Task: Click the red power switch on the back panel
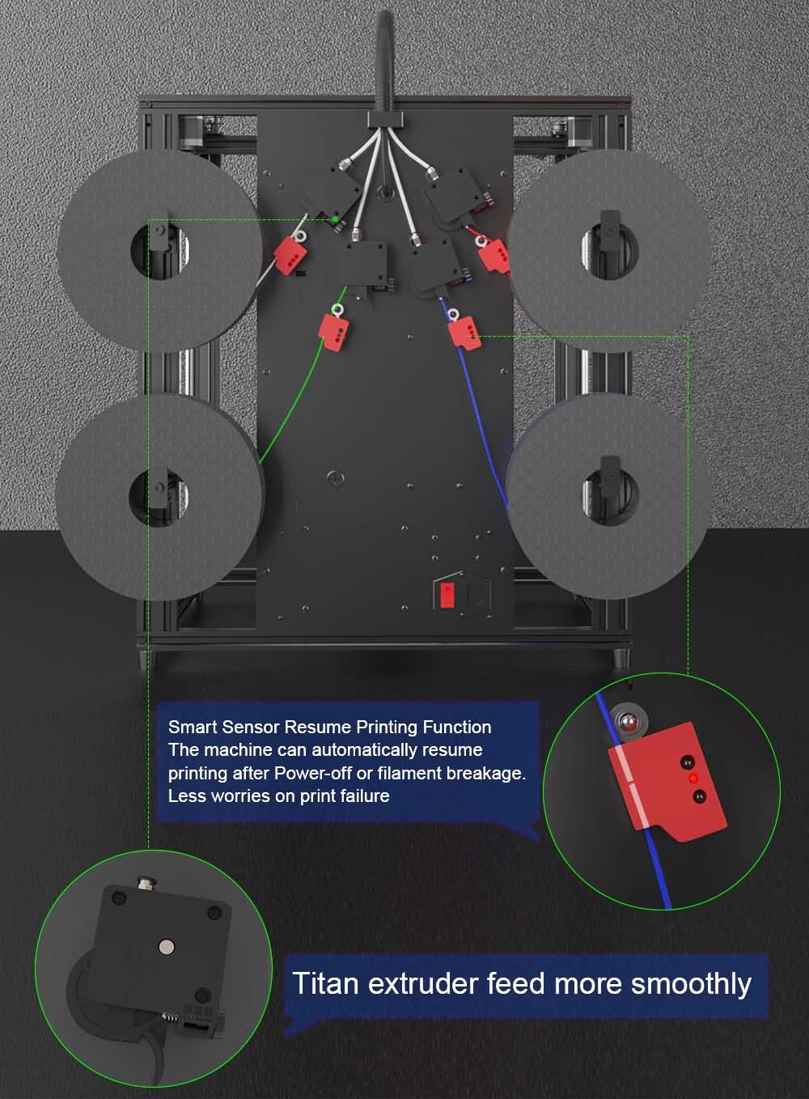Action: [447, 594]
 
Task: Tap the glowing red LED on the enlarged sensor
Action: [693, 779]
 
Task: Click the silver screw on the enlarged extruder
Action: [167, 948]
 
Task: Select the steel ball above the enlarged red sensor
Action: [629, 722]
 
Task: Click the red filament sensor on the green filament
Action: [333, 333]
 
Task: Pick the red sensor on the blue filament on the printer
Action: [464, 333]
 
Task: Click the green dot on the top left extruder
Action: [336, 219]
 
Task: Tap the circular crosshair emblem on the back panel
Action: [335, 477]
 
